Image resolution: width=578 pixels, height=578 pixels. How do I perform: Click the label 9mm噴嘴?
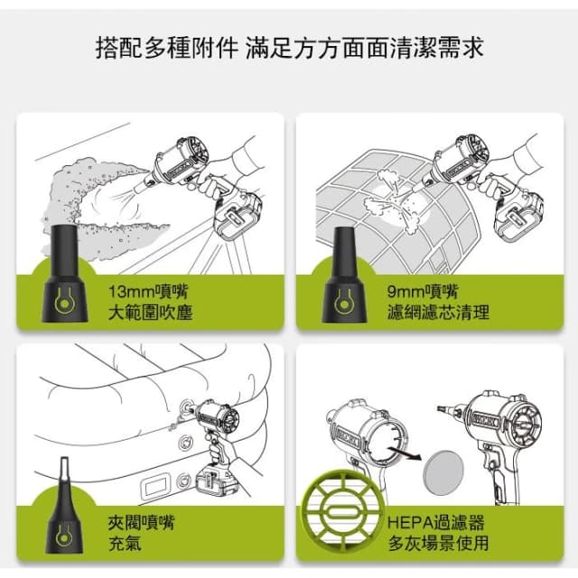(423, 291)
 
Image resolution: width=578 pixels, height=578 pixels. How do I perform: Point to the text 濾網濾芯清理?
(438, 313)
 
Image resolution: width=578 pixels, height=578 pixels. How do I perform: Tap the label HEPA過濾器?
(436, 522)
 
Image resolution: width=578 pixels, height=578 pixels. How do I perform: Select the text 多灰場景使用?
(438, 544)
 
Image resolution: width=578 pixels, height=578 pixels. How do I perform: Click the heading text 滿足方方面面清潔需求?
(364, 48)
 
